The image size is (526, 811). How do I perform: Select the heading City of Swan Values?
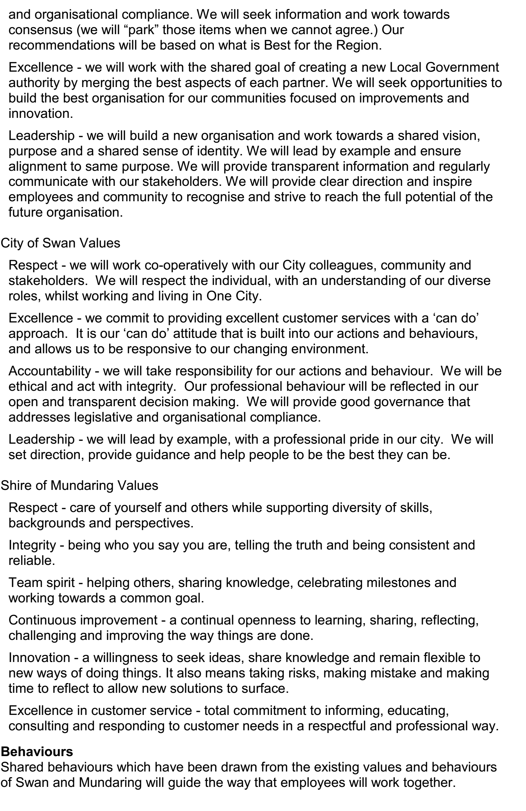(60, 243)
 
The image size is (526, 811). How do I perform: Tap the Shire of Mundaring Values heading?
(79, 485)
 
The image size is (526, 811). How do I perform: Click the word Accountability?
(50, 371)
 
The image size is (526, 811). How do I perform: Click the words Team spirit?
(41, 582)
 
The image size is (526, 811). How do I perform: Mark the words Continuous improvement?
(83, 620)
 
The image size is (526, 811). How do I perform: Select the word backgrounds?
(46, 523)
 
